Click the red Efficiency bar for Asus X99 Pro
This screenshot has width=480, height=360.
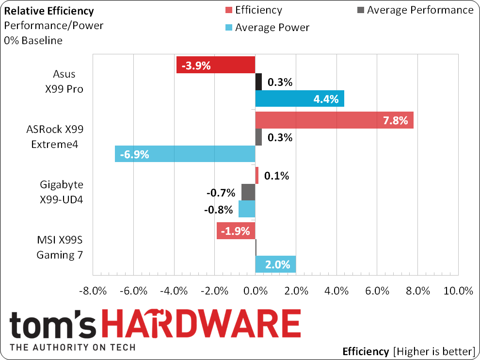(216, 65)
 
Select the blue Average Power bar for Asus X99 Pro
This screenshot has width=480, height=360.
(300, 98)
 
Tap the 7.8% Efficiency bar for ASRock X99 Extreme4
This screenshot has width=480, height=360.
(334, 120)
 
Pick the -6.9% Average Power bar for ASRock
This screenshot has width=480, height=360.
(185, 154)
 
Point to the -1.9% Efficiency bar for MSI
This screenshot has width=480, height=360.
(236, 231)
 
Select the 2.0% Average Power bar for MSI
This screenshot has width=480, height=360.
(275, 264)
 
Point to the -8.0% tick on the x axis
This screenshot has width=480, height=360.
(92, 291)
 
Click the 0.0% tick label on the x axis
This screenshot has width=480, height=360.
(255, 291)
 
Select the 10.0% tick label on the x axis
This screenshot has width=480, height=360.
(458, 291)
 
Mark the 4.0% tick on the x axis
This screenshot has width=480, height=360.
(336, 291)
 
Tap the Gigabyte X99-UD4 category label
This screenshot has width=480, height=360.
(61, 192)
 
